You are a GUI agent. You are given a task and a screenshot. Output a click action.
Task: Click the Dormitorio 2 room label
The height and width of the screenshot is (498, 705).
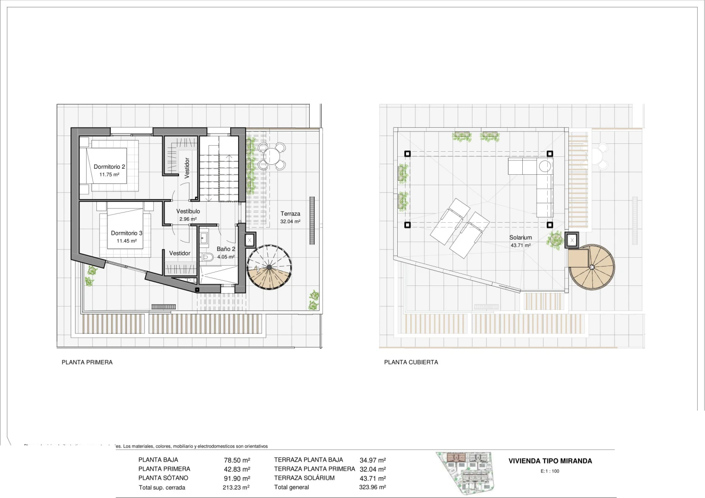pos(109,167)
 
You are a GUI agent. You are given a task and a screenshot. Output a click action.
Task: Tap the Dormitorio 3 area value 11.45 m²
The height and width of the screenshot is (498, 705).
pos(126,241)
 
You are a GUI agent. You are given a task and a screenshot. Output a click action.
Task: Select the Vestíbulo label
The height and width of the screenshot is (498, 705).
pos(188,211)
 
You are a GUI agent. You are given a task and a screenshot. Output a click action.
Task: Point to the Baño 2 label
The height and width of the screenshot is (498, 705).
pos(226,249)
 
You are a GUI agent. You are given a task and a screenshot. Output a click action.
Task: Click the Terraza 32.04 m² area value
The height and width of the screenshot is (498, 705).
pos(290,222)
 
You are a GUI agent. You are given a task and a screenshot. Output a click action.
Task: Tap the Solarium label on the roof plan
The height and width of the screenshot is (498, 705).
pos(520,237)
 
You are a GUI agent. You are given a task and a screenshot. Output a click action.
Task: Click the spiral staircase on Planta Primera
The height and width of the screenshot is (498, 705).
pos(269,267)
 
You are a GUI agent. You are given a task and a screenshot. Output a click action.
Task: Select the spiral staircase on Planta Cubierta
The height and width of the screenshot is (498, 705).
pos(591,267)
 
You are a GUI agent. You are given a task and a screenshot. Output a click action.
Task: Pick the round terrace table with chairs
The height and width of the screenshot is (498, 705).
pos(271,156)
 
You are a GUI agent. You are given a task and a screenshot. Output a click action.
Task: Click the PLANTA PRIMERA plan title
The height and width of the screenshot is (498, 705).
pos(87,362)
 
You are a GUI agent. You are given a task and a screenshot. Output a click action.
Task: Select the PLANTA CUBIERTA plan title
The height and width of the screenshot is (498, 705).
pos(411,362)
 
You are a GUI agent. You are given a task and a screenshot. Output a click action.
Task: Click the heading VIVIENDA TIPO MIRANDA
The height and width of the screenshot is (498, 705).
pos(550,461)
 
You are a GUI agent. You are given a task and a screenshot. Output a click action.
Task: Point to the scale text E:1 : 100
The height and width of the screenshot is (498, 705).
pos(550,471)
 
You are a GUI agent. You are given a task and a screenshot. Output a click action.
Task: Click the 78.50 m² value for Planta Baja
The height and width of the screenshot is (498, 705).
pos(237,460)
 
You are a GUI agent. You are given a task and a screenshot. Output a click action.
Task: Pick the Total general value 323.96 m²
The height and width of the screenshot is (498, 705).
pos(372,487)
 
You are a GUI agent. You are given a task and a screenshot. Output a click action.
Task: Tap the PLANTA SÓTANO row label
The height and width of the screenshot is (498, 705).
pos(163,478)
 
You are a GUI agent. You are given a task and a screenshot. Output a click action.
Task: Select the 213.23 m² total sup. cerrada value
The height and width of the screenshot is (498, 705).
pos(236,487)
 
